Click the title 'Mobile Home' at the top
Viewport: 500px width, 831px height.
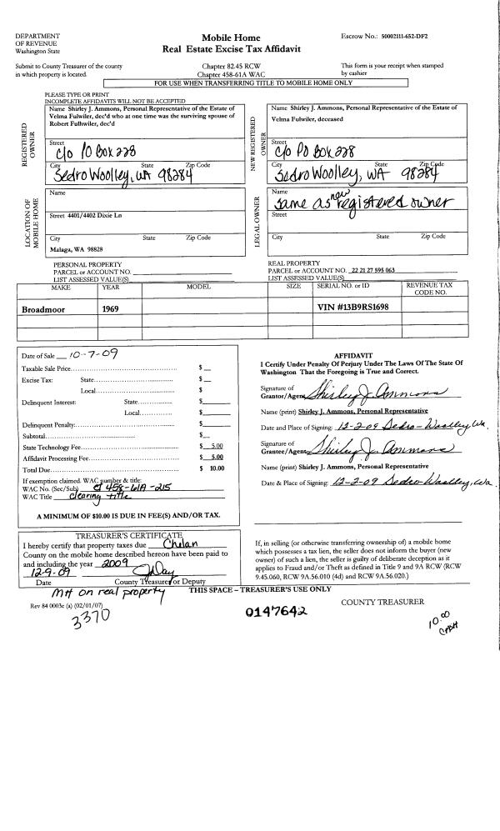(231, 38)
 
